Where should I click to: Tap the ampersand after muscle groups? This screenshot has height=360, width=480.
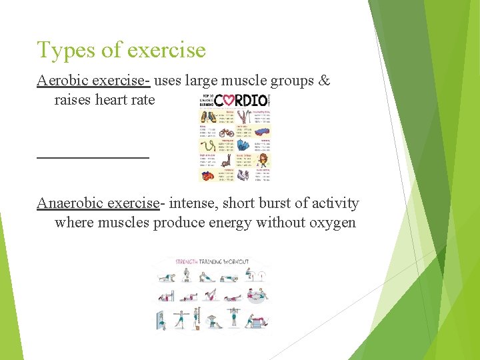(324, 81)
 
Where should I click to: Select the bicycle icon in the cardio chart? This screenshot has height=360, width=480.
(227, 133)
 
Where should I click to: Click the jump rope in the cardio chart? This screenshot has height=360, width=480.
(208, 146)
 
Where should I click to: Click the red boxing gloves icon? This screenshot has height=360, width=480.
(208, 175)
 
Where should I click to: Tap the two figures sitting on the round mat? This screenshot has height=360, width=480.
(255, 294)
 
